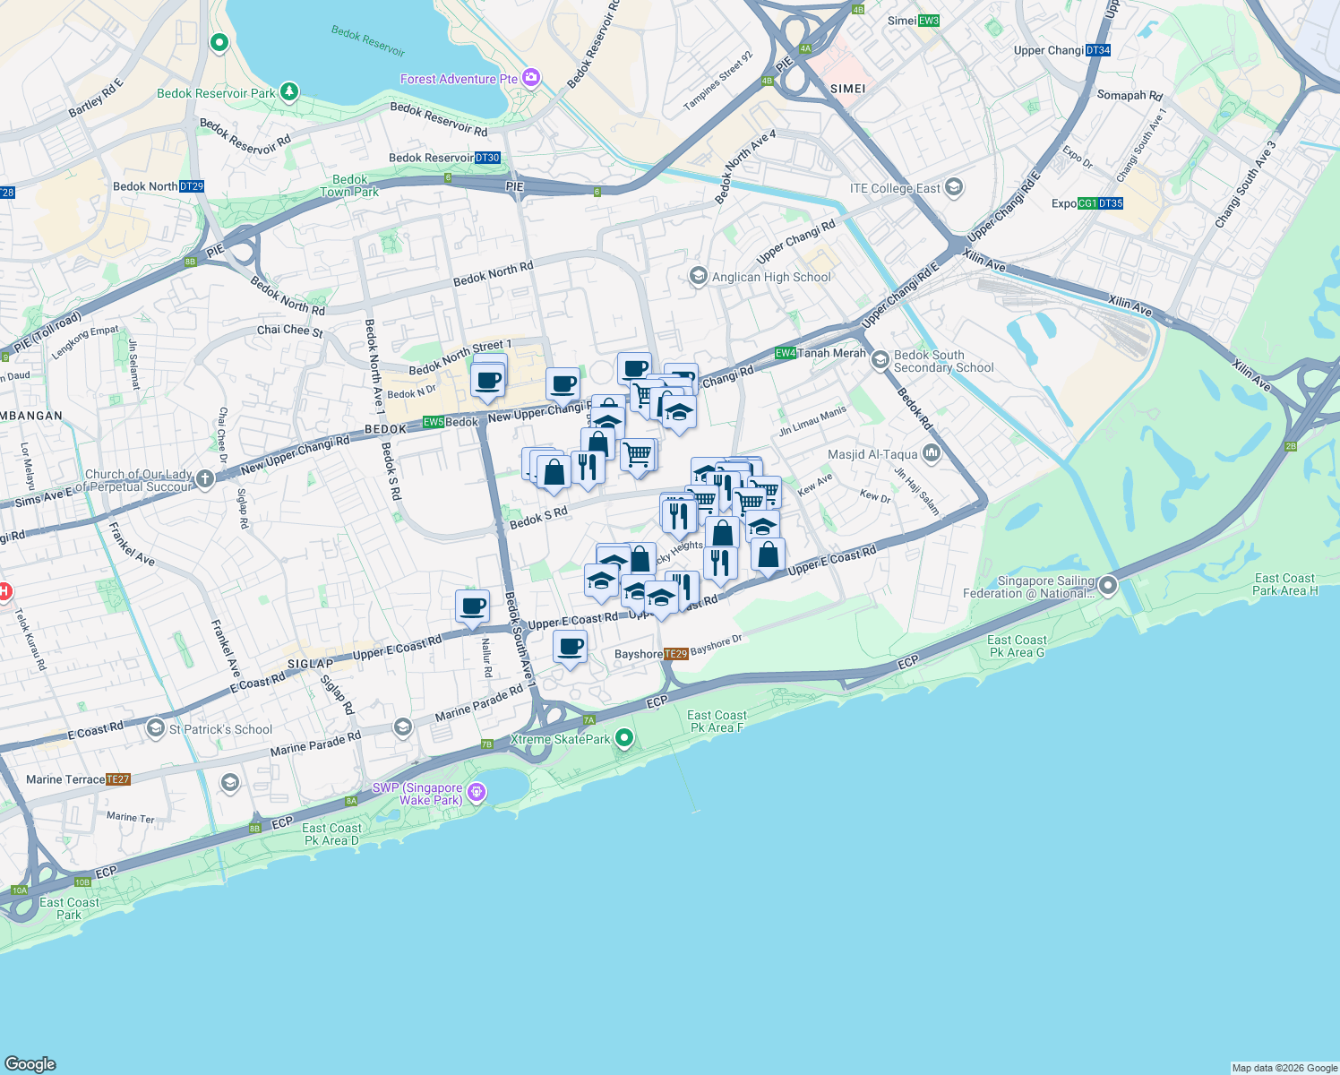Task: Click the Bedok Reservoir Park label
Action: [216, 93]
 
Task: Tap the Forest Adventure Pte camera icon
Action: [531, 79]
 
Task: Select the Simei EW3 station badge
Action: [928, 21]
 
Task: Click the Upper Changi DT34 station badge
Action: [1098, 50]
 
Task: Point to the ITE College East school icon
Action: [954, 188]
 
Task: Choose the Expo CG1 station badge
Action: [1087, 203]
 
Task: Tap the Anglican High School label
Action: [771, 277]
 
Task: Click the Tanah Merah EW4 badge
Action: [786, 353]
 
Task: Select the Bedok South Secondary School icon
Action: [880, 360]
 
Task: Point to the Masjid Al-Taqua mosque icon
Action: [932, 454]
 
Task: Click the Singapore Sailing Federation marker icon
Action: [1108, 586]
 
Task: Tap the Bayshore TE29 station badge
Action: [676, 654]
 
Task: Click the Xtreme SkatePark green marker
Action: [625, 739]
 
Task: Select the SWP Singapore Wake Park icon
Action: [477, 792]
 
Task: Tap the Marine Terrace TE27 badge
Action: [118, 779]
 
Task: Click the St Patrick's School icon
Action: [156, 728]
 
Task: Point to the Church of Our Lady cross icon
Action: [205, 479]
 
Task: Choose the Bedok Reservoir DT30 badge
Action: [487, 158]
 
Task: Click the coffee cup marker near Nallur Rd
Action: [472, 606]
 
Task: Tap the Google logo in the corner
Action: [30, 1063]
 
